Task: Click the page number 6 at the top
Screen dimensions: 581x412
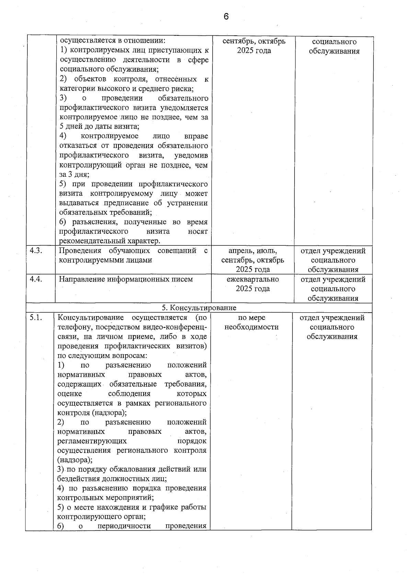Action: pos(226,16)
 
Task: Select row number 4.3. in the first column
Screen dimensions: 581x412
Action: pos(36,251)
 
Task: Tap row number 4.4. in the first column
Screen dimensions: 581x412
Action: pos(36,279)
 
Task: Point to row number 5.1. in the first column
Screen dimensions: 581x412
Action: pos(36,318)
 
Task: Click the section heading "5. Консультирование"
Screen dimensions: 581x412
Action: pos(199,307)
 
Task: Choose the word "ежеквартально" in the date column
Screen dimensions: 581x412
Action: pos(253,279)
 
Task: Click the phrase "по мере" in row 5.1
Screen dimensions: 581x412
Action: pos(251,318)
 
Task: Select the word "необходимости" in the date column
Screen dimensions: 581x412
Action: pos(251,327)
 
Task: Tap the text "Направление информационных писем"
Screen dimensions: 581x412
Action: pos(126,279)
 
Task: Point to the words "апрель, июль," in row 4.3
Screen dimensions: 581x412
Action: pos(253,251)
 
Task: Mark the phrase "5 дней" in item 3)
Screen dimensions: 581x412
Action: pos(71,127)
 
